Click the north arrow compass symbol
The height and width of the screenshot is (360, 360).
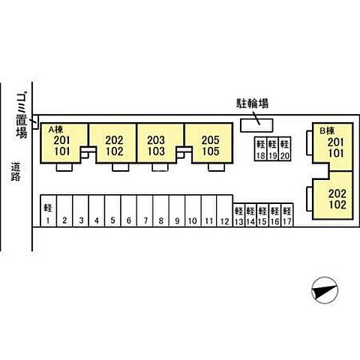pyautogui.click(x=325, y=290)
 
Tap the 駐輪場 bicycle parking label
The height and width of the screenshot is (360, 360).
pyautogui.click(x=253, y=103)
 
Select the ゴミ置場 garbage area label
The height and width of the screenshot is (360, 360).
pyautogui.click(x=22, y=115)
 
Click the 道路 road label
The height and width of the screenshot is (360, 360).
pyautogui.click(x=16, y=172)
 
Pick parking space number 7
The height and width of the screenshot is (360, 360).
pyautogui.click(x=145, y=211)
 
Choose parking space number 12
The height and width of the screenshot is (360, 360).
pyautogui.click(x=225, y=211)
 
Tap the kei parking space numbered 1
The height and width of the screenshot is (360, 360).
pyautogui.click(x=49, y=211)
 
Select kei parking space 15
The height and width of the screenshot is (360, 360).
pyautogui.click(x=262, y=215)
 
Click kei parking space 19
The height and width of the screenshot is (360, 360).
pyautogui.click(x=272, y=148)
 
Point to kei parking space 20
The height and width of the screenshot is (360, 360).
pyautogui.click(x=284, y=148)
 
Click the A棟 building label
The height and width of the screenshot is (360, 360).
pyautogui.click(x=55, y=129)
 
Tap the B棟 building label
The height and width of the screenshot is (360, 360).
pyautogui.click(x=327, y=130)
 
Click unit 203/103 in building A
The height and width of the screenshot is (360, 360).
pyautogui.click(x=160, y=143)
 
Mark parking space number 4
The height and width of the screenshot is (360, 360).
pyautogui.click(x=97, y=211)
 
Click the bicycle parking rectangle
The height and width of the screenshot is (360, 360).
pyautogui.click(x=256, y=125)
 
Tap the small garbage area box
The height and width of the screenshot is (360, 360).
pyautogui.click(x=35, y=122)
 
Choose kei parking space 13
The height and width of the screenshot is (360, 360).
pyautogui.click(x=239, y=215)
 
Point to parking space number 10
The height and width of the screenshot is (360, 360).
pyautogui.click(x=193, y=211)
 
